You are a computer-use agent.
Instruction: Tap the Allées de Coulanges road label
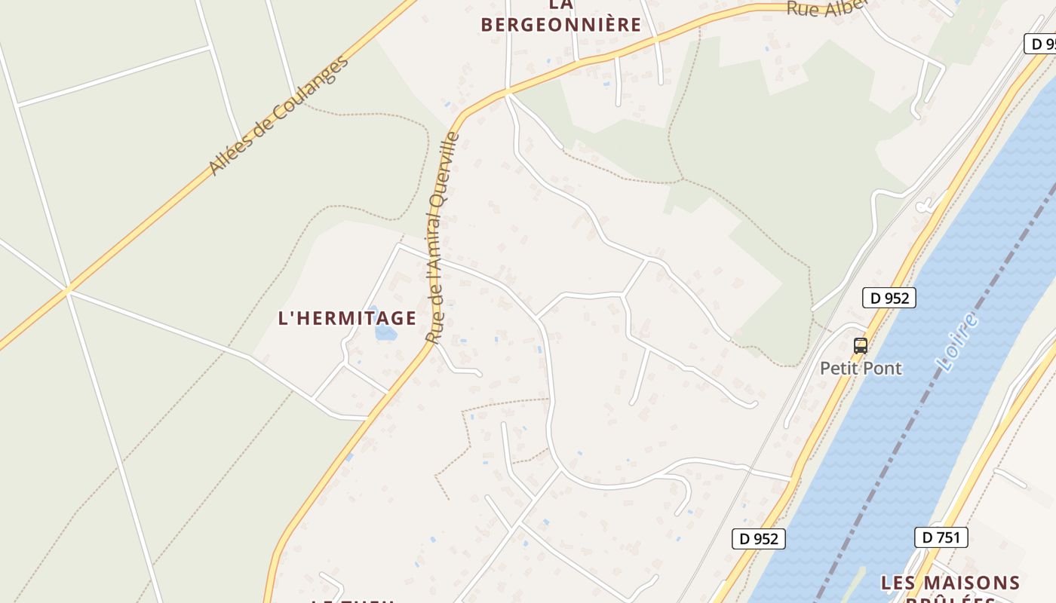(279, 115)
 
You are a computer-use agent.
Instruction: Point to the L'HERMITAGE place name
(347, 318)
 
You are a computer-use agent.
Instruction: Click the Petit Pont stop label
(861, 369)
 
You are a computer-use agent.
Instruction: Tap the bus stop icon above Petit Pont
(861, 346)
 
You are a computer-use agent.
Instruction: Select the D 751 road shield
(941, 537)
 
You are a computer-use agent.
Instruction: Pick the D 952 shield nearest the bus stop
(889, 298)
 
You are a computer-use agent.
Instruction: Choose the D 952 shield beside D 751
(759, 539)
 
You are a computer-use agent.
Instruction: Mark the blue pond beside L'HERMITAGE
(385, 332)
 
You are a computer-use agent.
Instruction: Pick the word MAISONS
(978, 583)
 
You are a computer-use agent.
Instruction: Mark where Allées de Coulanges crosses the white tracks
(69, 289)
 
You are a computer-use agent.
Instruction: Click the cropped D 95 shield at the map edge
(1041, 44)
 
